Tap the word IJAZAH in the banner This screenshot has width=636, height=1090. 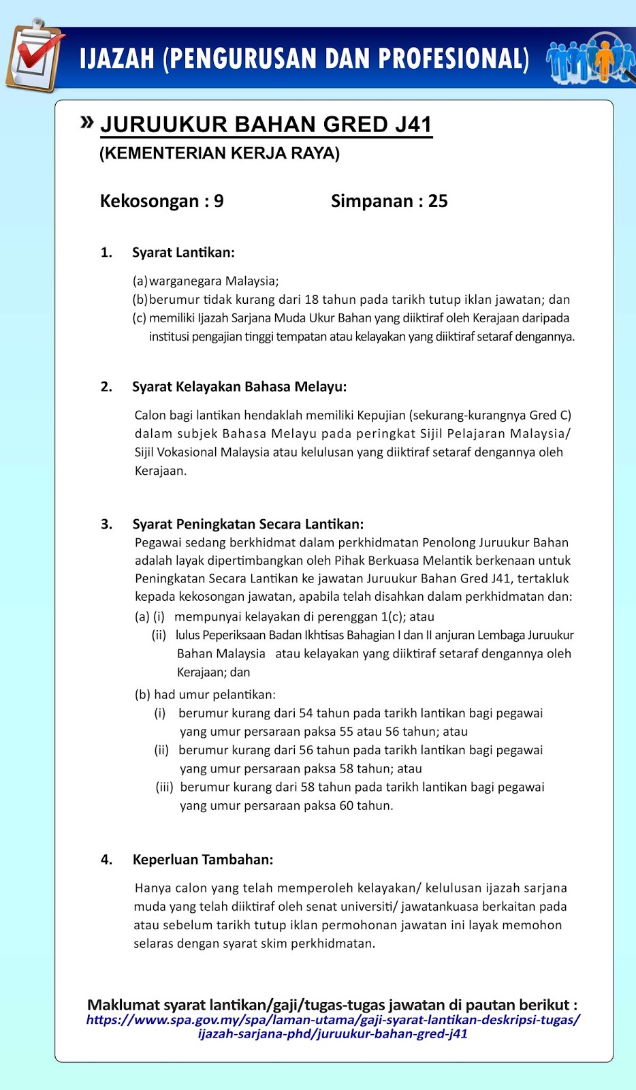[x=117, y=59]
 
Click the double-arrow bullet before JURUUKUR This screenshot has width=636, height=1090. [x=86, y=123]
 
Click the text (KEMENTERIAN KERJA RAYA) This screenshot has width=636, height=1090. [x=219, y=153]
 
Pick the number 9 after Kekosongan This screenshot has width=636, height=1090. [x=219, y=201]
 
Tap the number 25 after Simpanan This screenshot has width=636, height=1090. [x=438, y=201]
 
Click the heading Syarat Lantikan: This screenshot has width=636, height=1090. [x=183, y=253]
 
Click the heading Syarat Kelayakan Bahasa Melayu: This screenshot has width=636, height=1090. [x=239, y=387]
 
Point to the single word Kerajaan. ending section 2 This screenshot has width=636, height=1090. [x=160, y=471]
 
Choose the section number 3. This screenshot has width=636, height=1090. [x=106, y=525]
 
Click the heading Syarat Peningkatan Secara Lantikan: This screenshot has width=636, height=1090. [x=248, y=525]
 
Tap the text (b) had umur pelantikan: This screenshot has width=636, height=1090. [x=205, y=695]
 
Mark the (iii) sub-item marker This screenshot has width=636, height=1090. [x=164, y=788]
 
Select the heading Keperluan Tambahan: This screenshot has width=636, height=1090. [x=203, y=860]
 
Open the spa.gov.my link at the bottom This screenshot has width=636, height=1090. [x=333, y=1027]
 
